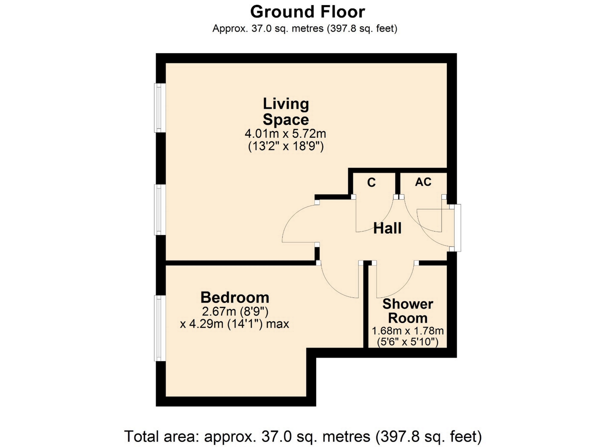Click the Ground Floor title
click(x=307, y=12)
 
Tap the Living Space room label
click(x=286, y=111)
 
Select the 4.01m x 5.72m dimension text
click(x=285, y=133)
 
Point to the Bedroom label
click(x=235, y=297)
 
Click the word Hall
click(x=387, y=228)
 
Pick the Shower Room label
click(x=408, y=311)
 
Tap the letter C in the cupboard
click(x=371, y=183)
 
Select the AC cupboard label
click(x=423, y=182)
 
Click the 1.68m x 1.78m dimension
click(x=407, y=331)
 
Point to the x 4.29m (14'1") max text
click(x=234, y=324)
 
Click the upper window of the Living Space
click(x=160, y=108)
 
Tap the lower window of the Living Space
click(x=160, y=209)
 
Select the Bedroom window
click(x=160, y=328)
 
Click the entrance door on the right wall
click(x=457, y=228)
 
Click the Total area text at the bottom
click(x=303, y=436)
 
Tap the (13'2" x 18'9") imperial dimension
click(x=286, y=146)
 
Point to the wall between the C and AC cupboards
click(x=398, y=184)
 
